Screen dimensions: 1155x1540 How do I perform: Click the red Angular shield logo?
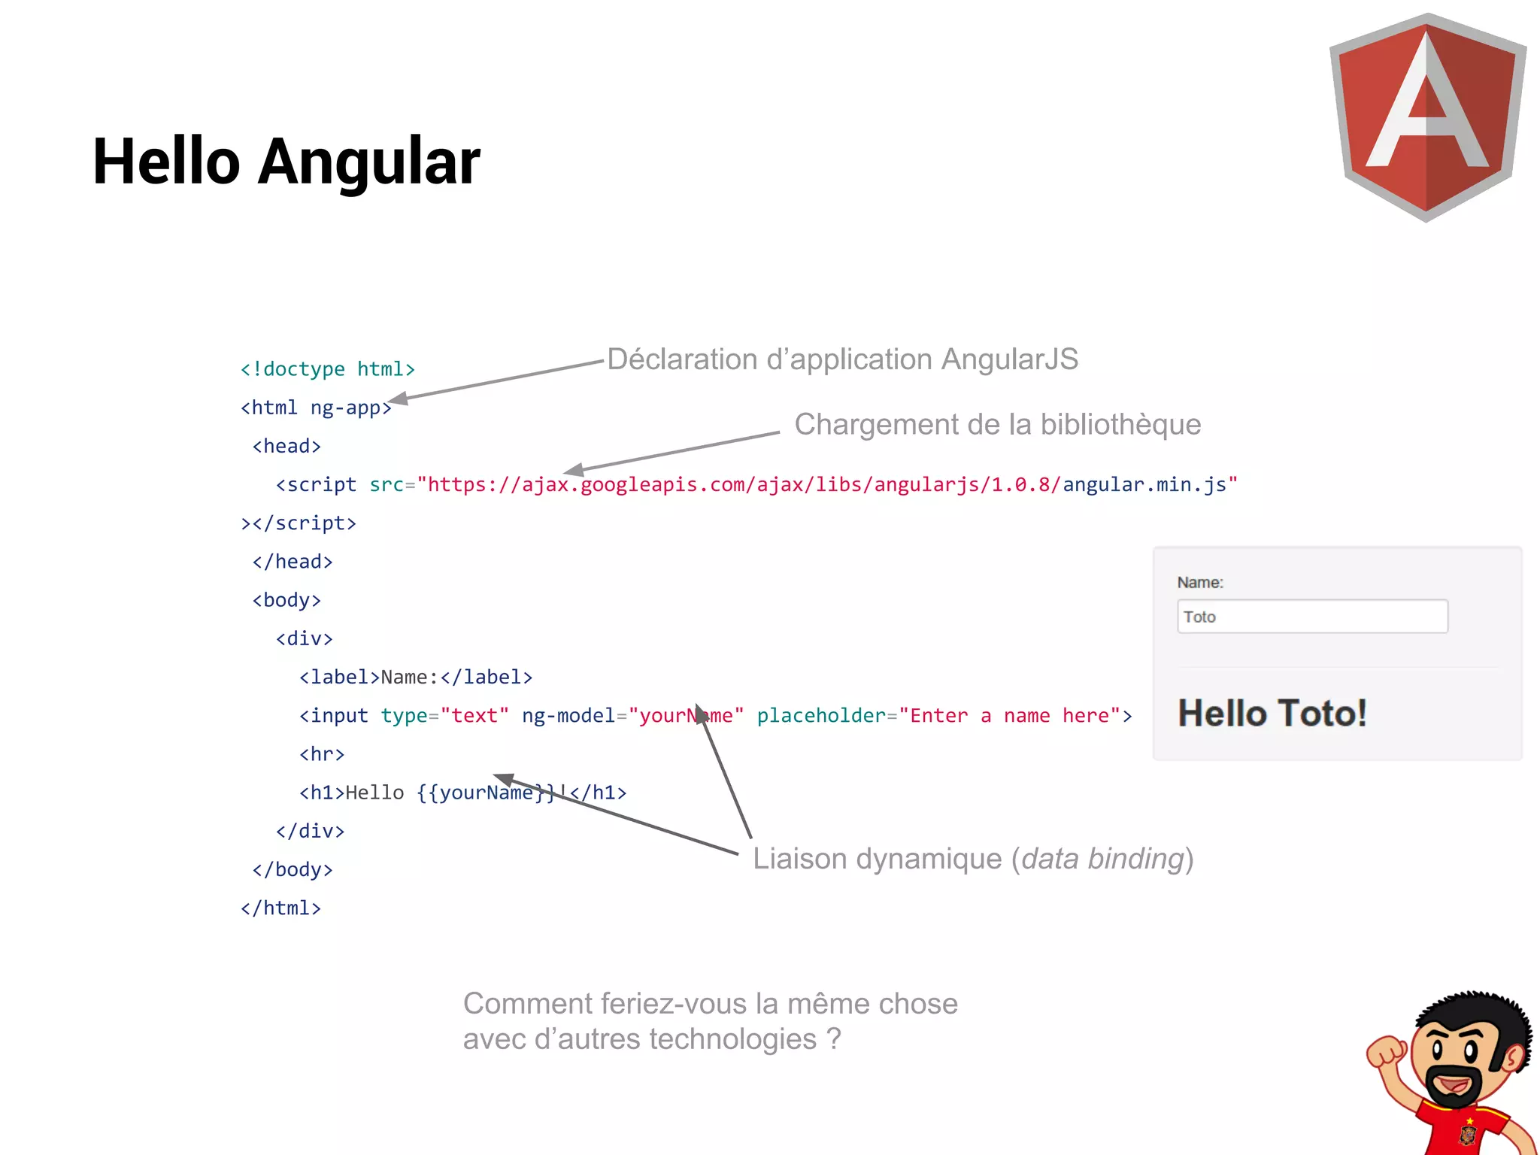point(1426,117)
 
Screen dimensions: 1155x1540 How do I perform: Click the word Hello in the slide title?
point(166,162)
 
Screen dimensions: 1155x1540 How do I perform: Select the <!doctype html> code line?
point(327,369)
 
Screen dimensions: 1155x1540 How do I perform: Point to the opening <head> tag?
point(286,447)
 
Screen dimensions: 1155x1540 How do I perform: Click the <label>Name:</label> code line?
point(415,678)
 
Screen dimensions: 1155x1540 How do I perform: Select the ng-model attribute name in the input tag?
point(568,716)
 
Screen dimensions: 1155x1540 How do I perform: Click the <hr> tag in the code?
point(322,754)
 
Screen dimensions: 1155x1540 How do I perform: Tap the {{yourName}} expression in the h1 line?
point(486,793)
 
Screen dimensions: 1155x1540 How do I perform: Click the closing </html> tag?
point(280,908)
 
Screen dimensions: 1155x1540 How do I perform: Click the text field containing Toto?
point(1312,617)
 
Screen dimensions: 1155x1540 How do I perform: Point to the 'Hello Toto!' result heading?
point(1272,713)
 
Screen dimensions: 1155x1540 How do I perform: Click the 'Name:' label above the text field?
point(1200,583)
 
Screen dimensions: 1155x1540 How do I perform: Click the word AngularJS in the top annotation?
point(1009,359)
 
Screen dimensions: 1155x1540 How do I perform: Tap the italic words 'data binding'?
point(1102,859)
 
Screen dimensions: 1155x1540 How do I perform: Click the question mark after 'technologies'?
point(833,1039)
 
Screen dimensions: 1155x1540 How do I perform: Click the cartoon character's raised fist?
point(1386,1051)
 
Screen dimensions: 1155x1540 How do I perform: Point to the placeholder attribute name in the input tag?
point(820,716)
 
